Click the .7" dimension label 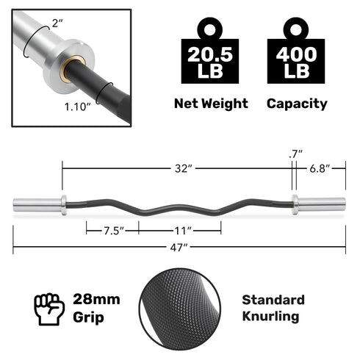[295, 154]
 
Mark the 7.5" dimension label [112, 231]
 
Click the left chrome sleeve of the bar [37, 204]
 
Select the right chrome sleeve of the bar [320, 204]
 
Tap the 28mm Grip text [96, 309]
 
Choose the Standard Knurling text [273, 309]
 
